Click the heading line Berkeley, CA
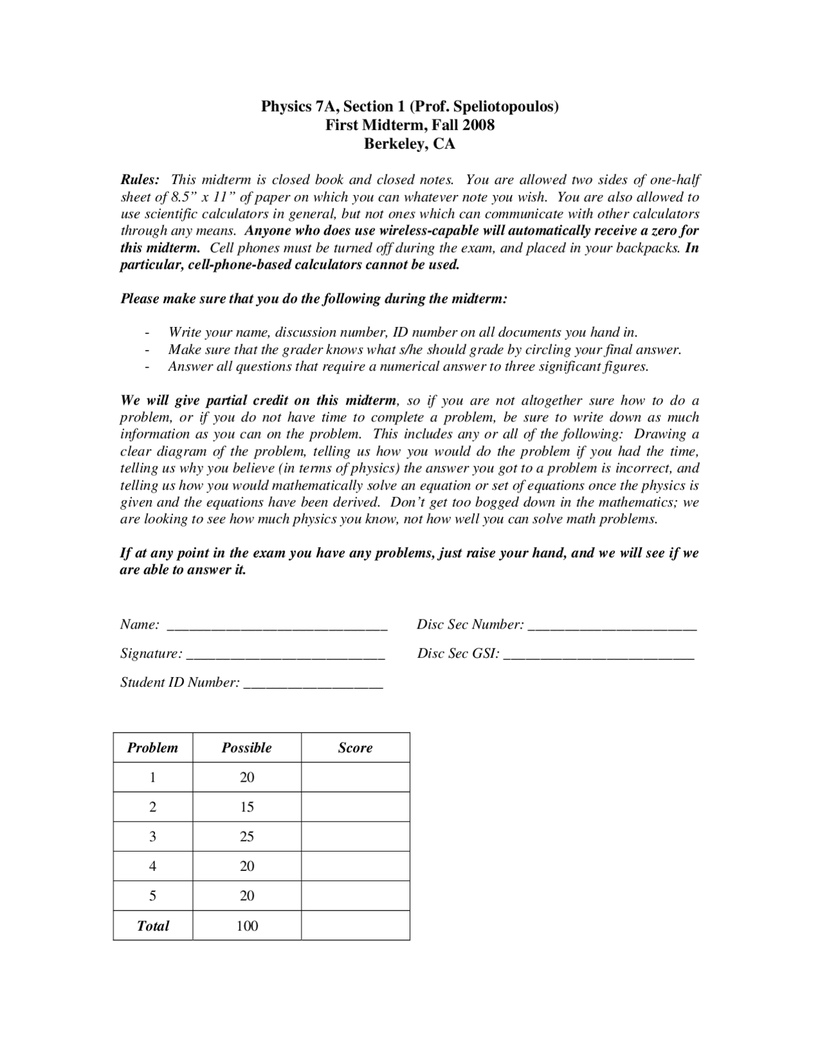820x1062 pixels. coord(409,144)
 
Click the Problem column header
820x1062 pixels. coord(152,748)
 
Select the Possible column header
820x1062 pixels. coord(247,748)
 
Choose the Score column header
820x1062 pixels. coord(355,748)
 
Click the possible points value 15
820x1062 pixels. coord(247,807)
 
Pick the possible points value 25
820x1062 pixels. coord(247,836)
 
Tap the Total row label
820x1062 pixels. coord(152,925)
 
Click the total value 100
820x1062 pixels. coord(247,925)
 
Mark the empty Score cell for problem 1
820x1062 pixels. coord(355,777)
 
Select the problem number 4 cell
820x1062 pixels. coord(152,866)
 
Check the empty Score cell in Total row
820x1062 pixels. coord(355,925)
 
